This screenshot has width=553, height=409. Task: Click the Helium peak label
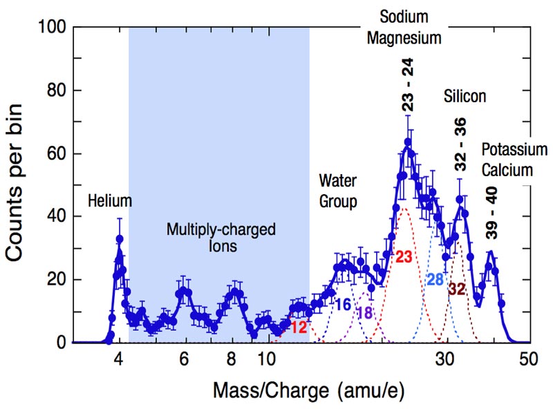tap(110, 201)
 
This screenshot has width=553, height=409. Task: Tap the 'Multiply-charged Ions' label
tap(221, 236)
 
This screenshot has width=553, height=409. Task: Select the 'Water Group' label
tap(337, 191)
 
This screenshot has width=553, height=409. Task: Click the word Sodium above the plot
tap(404, 17)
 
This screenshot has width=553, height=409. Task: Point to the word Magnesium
tap(404, 38)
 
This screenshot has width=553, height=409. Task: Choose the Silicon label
tap(465, 97)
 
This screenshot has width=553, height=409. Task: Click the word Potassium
tap(514, 150)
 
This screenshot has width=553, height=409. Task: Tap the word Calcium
tap(507, 170)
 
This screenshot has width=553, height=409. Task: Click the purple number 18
tap(364, 313)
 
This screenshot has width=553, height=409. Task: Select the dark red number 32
tap(457, 289)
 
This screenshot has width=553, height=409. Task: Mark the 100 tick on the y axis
tap(53, 28)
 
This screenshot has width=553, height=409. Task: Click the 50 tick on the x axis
tap(529, 359)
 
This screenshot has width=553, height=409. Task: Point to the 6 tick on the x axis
tap(184, 359)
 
